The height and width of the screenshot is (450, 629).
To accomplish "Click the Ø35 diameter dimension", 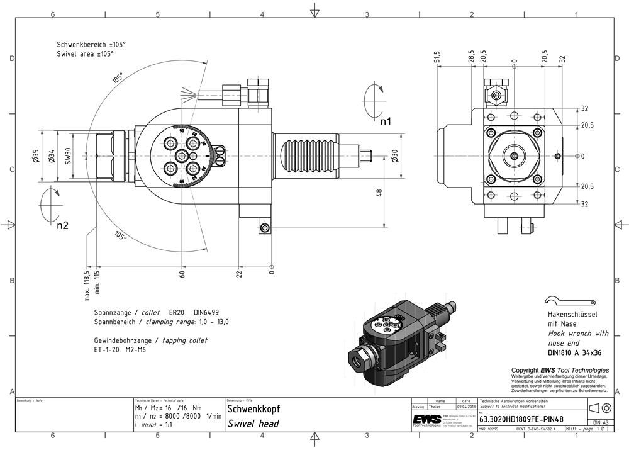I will [36, 155].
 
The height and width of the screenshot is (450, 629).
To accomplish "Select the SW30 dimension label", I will [67, 155].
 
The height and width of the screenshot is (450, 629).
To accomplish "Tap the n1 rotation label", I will [386, 121].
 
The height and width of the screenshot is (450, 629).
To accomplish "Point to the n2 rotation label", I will [62, 225].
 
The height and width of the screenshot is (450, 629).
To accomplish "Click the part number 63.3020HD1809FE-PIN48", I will [521, 417].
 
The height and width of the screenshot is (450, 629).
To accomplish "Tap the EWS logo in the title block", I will [426, 420].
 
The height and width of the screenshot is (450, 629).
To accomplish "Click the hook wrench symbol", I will [571, 300].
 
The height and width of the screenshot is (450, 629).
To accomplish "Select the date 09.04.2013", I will [466, 408].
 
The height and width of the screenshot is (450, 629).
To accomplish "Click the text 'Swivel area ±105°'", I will [86, 55].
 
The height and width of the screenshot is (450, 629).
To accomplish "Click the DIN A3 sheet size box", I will [600, 423].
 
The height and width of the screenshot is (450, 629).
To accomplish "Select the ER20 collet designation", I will [177, 313].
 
